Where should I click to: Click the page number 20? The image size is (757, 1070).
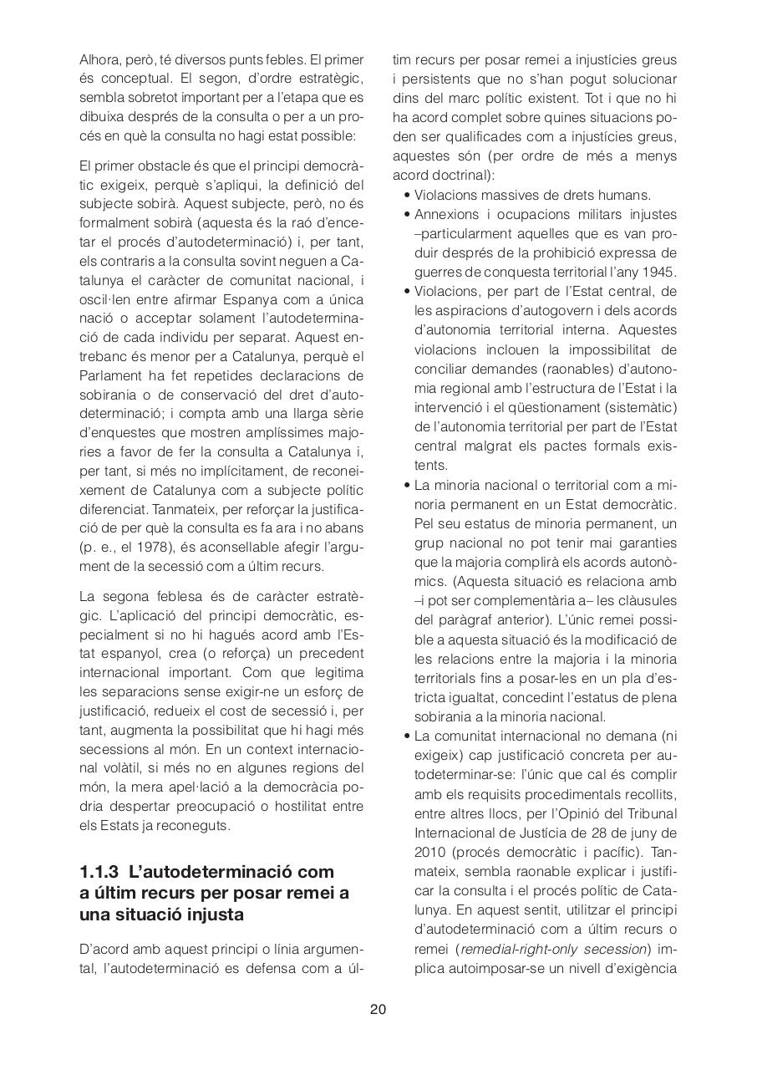378,1009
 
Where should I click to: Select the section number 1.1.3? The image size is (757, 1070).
100,872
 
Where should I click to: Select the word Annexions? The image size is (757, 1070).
445,215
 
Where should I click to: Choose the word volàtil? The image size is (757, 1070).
104,768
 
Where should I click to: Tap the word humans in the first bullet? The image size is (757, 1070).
628,196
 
